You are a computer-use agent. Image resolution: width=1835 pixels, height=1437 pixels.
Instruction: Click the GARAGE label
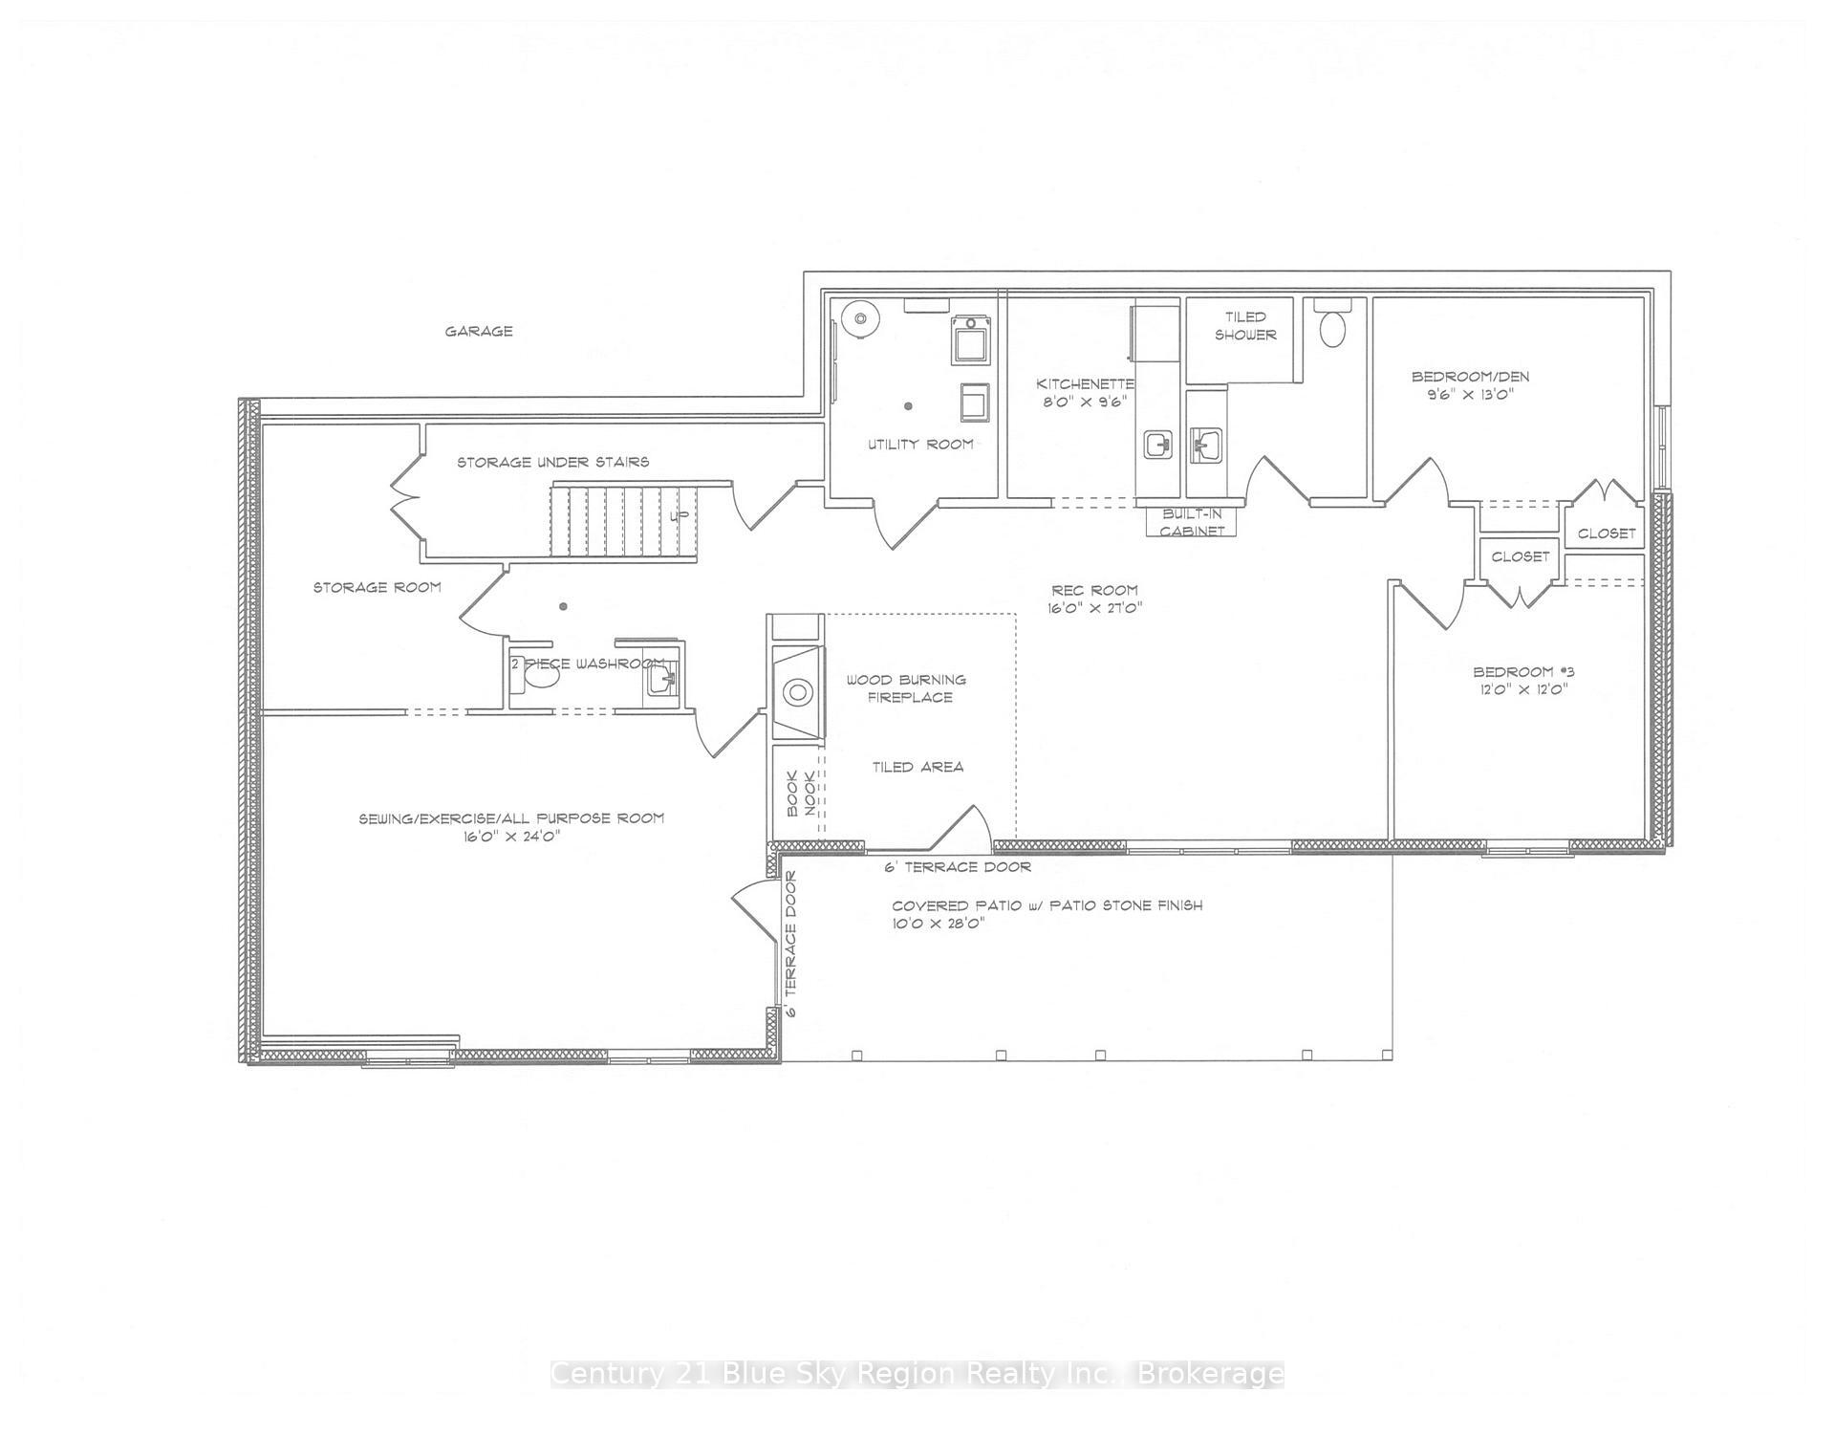479,332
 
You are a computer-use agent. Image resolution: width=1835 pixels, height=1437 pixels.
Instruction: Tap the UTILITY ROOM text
920,444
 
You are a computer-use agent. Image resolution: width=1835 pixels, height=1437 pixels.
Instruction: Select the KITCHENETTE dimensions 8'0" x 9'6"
1084,402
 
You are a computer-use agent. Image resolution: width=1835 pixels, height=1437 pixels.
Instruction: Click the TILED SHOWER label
1245,325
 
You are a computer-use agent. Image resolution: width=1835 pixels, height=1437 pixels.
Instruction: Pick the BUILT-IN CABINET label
1192,522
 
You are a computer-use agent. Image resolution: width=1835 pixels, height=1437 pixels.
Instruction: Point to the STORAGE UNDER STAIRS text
552,462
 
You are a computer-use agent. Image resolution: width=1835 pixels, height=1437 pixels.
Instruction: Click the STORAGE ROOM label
378,587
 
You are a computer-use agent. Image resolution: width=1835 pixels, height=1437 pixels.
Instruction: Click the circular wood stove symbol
797,691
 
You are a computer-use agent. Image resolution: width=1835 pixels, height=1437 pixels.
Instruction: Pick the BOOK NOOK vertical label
801,795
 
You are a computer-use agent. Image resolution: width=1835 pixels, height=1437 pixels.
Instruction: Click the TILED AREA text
917,767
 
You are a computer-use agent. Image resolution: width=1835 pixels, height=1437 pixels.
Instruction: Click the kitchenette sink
1158,444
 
